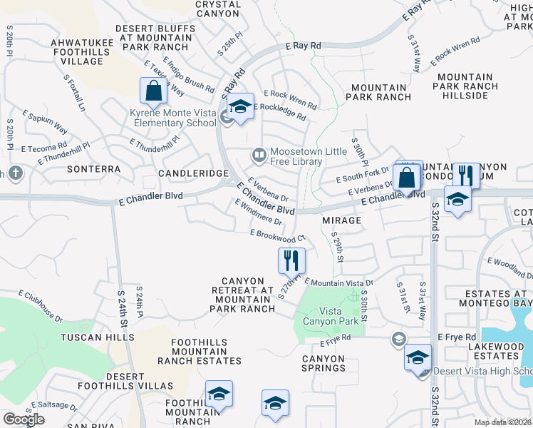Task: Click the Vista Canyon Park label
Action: (329, 316)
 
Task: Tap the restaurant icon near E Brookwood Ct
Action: (291, 260)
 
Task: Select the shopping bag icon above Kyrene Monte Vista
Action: (153, 91)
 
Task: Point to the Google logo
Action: (24, 419)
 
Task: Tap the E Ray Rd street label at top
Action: (304, 45)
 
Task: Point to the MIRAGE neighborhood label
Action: (341, 221)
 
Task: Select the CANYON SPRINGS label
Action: (324, 364)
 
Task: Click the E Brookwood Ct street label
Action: (277, 235)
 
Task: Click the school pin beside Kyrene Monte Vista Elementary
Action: (241, 108)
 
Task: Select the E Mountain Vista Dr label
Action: (339, 282)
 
